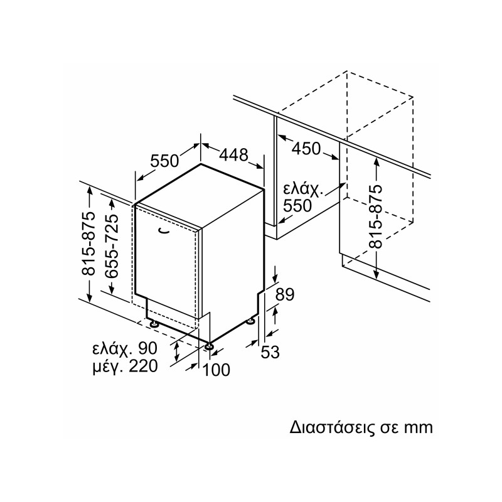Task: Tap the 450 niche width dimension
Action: [306, 149]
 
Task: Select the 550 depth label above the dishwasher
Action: [165, 161]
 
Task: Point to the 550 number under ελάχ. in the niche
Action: [297, 205]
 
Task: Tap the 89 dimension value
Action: [285, 295]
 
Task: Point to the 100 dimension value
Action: [216, 370]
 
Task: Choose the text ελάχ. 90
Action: [124, 349]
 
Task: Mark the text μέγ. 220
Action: [124, 366]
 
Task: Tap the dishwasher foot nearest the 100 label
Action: [208, 345]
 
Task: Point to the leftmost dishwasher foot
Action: [153, 323]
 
